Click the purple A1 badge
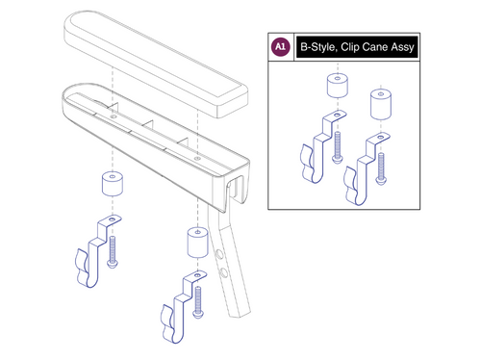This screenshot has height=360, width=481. click(x=280, y=46)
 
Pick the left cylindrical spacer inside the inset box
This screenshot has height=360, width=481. click(x=338, y=90)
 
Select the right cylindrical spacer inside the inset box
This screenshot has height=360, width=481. click(x=381, y=103)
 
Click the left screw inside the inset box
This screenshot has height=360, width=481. click(x=338, y=145)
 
